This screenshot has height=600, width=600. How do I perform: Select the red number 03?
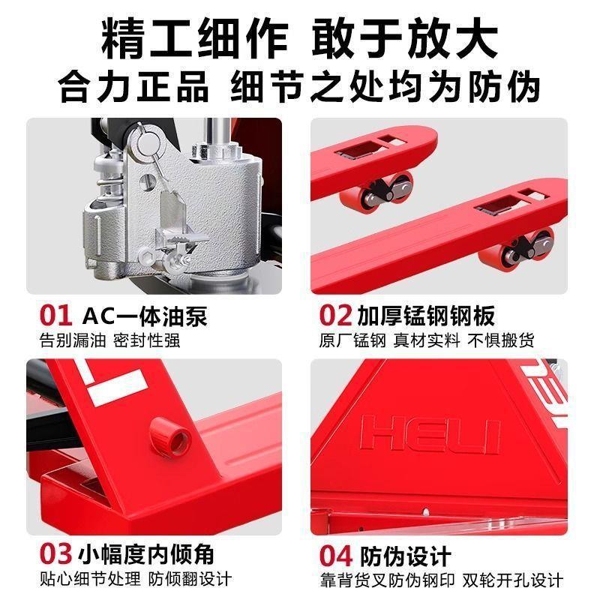click(x=57, y=555)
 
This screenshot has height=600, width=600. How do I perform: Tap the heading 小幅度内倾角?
click(x=147, y=555)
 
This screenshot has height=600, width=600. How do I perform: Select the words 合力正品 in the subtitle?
click(x=134, y=86)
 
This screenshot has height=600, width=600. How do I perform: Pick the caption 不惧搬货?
click(x=501, y=340)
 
